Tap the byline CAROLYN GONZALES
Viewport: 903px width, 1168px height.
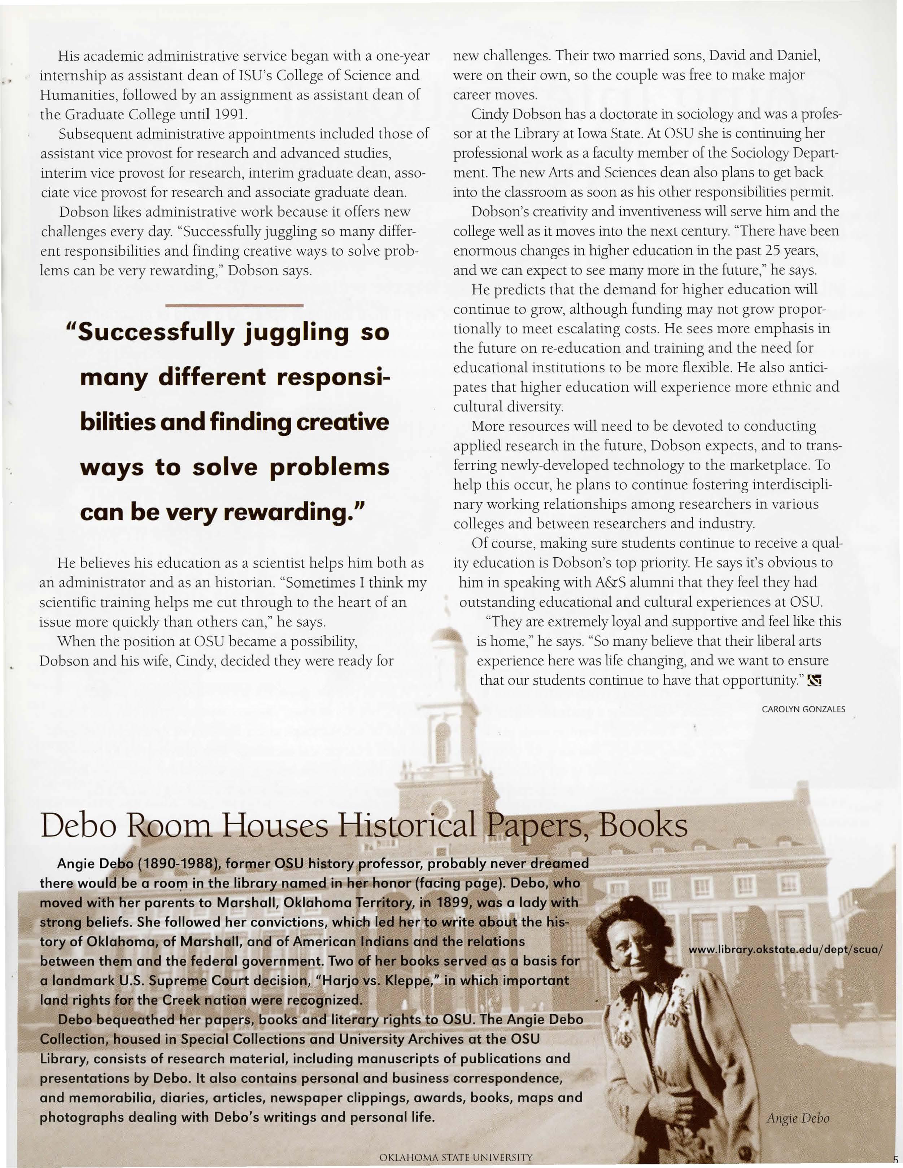click(803, 709)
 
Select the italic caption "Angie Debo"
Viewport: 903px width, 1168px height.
click(798, 1118)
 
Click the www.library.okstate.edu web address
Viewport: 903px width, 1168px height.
click(785, 949)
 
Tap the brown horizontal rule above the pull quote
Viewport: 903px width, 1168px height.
click(235, 305)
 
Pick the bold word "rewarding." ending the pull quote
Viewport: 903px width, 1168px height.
click(294, 512)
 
